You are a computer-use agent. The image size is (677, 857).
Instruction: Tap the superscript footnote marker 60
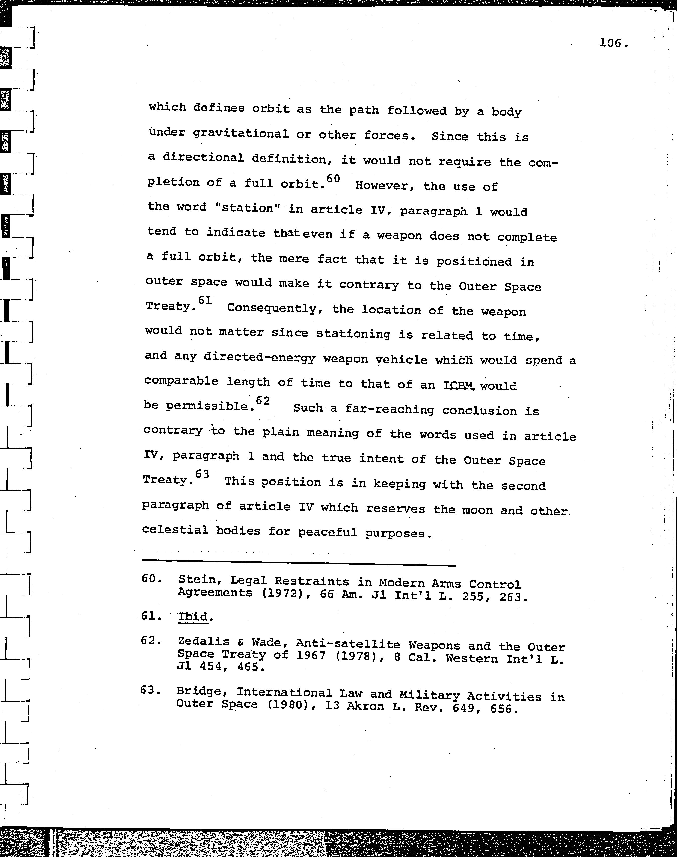coord(333,179)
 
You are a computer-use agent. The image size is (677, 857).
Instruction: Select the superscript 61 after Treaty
coord(205,300)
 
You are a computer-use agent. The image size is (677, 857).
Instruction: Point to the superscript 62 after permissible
coord(263,401)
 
